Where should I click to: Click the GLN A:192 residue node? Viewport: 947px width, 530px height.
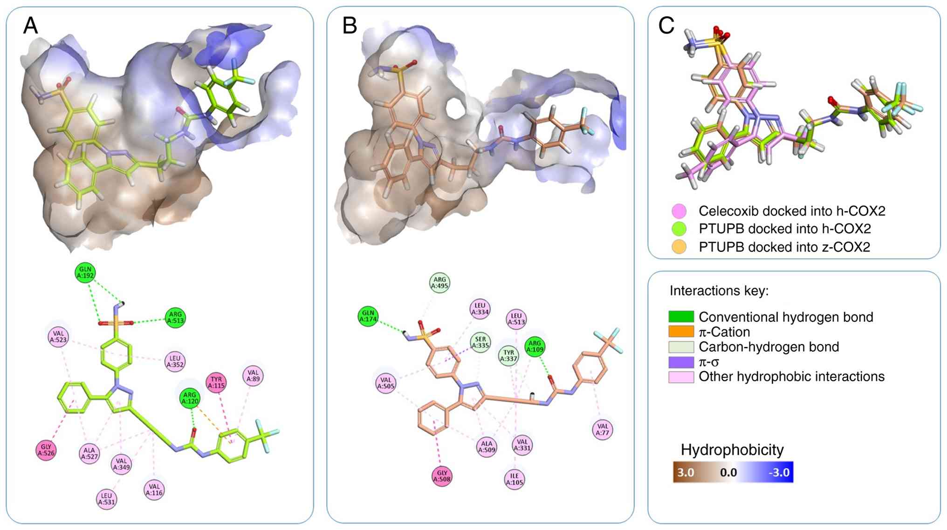pos(85,272)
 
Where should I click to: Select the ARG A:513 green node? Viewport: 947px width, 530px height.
pos(175,318)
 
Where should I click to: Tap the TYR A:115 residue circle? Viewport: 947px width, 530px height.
pos(216,383)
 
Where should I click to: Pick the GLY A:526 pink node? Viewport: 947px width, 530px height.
pos(46,450)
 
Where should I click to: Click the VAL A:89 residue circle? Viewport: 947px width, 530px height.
pos(253,376)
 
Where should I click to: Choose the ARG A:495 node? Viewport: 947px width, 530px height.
pos(439,283)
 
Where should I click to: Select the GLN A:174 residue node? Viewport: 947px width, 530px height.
pos(368,316)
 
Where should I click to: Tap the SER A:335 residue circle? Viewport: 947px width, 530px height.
pos(480,343)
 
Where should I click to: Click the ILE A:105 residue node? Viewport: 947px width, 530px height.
pos(515,479)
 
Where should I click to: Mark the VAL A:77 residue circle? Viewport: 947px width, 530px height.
pos(603,429)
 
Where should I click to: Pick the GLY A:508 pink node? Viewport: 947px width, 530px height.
pos(442,476)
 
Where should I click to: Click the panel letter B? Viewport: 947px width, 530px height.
pos(350,26)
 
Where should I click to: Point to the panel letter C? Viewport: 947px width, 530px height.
pos(666,26)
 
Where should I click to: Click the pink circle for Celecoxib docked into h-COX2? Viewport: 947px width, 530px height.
pos(679,211)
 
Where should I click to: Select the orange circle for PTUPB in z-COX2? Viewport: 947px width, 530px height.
pos(679,247)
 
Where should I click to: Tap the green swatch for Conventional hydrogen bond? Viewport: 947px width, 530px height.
pos(681,317)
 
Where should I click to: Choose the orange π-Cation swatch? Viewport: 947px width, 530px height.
pos(681,332)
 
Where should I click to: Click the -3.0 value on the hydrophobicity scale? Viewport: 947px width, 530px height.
pos(779,473)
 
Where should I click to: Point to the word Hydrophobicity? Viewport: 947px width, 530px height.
pos(732,450)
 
